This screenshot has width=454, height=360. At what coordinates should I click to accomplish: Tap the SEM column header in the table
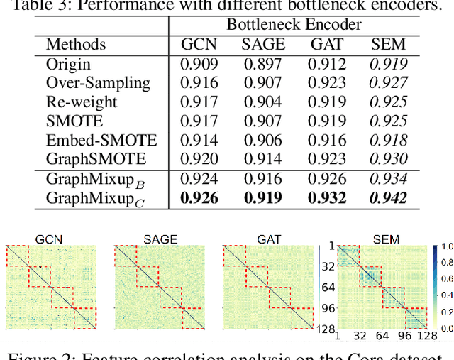tap(389, 45)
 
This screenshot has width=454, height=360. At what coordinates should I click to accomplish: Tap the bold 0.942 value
tap(389, 198)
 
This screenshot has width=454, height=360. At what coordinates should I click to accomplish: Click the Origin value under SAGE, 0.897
tap(262, 64)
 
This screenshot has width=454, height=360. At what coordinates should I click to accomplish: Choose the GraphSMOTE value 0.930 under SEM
tap(389, 159)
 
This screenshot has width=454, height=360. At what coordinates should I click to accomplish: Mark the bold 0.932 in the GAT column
tap(327, 198)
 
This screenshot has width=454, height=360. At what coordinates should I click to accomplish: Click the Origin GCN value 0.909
tap(199, 64)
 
